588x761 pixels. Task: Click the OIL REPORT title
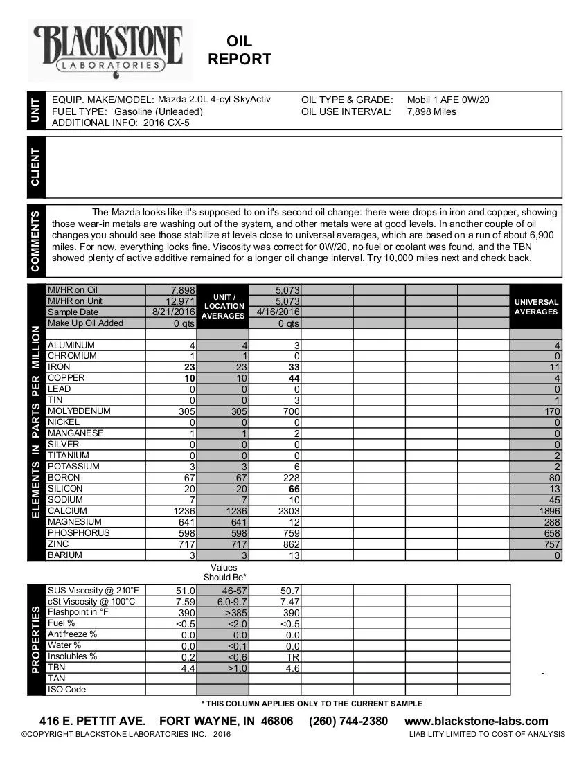tap(240, 51)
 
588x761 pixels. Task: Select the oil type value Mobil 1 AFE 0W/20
tap(449, 100)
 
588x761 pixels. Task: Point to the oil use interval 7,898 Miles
tap(431, 111)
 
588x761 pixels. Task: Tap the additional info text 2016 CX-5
tap(166, 123)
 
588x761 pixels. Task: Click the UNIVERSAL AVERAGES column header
tap(536, 307)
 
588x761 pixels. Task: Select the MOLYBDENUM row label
tap(79, 411)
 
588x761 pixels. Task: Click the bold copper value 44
tap(294, 378)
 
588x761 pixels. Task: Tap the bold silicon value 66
tap(294, 489)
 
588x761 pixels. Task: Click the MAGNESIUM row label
tap(75, 522)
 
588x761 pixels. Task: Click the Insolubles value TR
tap(292, 657)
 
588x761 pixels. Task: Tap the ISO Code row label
tap(67, 690)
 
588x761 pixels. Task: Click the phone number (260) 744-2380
tap(348, 722)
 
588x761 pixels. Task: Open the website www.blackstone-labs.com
tap(476, 722)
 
